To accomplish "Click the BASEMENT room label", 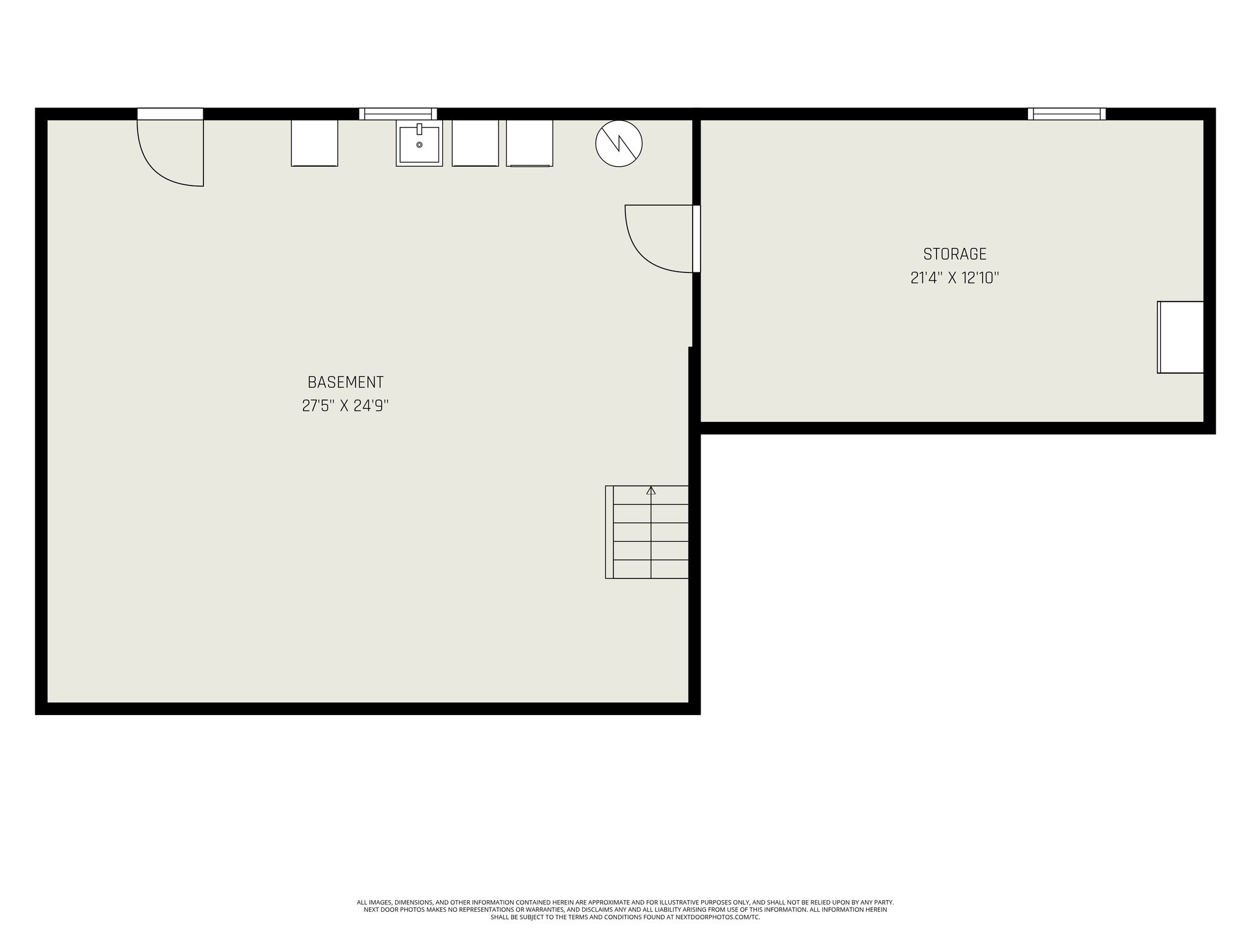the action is pyautogui.click(x=345, y=382).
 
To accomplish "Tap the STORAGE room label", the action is pyautogui.click(x=955, y=254).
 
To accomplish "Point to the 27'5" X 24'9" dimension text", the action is pyautogui.click(x=345, y=405).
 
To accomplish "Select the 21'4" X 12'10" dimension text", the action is pyautogui.click(x=955, y=278).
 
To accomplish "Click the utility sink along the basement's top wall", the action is pyautogui.click(x=419, y=144).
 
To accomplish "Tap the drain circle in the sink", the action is pyautogui.click(x=419, y=145).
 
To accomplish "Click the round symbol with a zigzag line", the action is pyautogui.click(x=619, y=144).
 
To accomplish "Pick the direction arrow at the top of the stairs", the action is pyautogui.click(x=651, y=490).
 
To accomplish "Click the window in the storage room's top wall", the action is pyautogui.click(x=1067, y=114).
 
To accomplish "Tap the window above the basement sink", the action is pyautogui.click(x=398, y=114).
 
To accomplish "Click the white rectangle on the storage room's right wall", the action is pyautogui.click(x=1180, y=337).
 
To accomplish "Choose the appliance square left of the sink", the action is pyautogui.click(x=315, y=143).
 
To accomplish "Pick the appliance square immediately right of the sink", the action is pyautogui.click(x=475, y=143).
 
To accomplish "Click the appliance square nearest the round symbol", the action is pyautogui.click(x=530, y=143).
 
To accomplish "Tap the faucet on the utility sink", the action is pyautogui.click(x=419, y=129).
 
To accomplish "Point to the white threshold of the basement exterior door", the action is pyautogui.click(x=170, y=114).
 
